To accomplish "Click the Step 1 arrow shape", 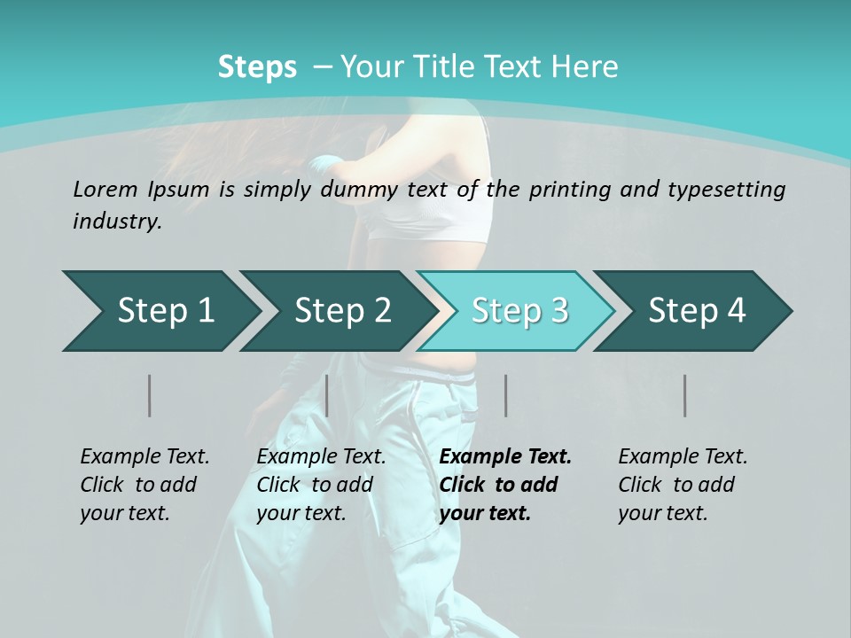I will pos(160,311).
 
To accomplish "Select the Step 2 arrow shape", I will pos(338,311).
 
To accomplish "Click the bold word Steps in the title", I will pos(257,67).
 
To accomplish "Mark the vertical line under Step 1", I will pos(150,395).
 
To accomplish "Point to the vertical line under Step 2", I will pos(327,395).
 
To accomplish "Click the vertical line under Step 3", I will pos(506,395).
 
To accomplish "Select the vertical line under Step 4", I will pos(685,395).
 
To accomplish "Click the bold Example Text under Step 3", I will pos(505,457).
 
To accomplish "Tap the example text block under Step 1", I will pos(144,485).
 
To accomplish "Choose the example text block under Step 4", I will pos(683,485).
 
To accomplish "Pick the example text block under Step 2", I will pos(321,485).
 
